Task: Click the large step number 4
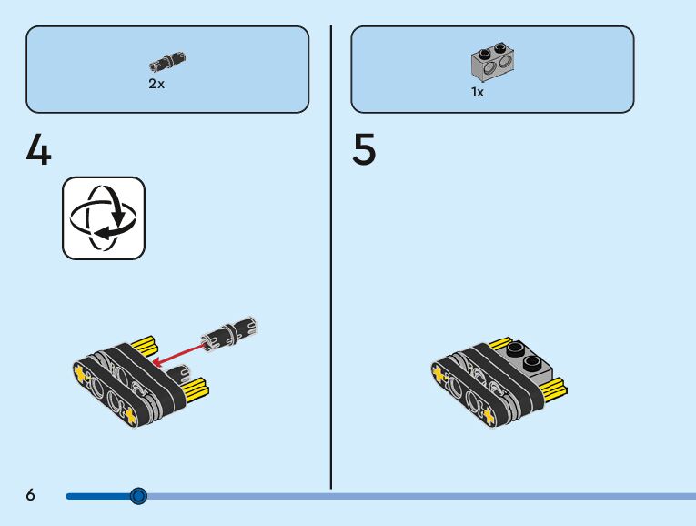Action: click(38, 150)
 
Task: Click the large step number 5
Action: click(364, 150)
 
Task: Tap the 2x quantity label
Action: click(156, 84)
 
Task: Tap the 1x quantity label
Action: click(478, 92)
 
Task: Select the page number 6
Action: click(31, 495)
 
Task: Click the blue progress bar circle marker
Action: click(138, 496)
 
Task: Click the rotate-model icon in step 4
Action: click(103, 218)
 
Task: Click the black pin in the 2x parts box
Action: click(167, 63)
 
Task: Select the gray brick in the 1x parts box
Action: click(492, 62)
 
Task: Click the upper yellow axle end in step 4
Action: click(144, 346)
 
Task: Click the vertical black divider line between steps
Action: click(330, 255)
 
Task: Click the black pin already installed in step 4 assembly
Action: click(185, 372)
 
